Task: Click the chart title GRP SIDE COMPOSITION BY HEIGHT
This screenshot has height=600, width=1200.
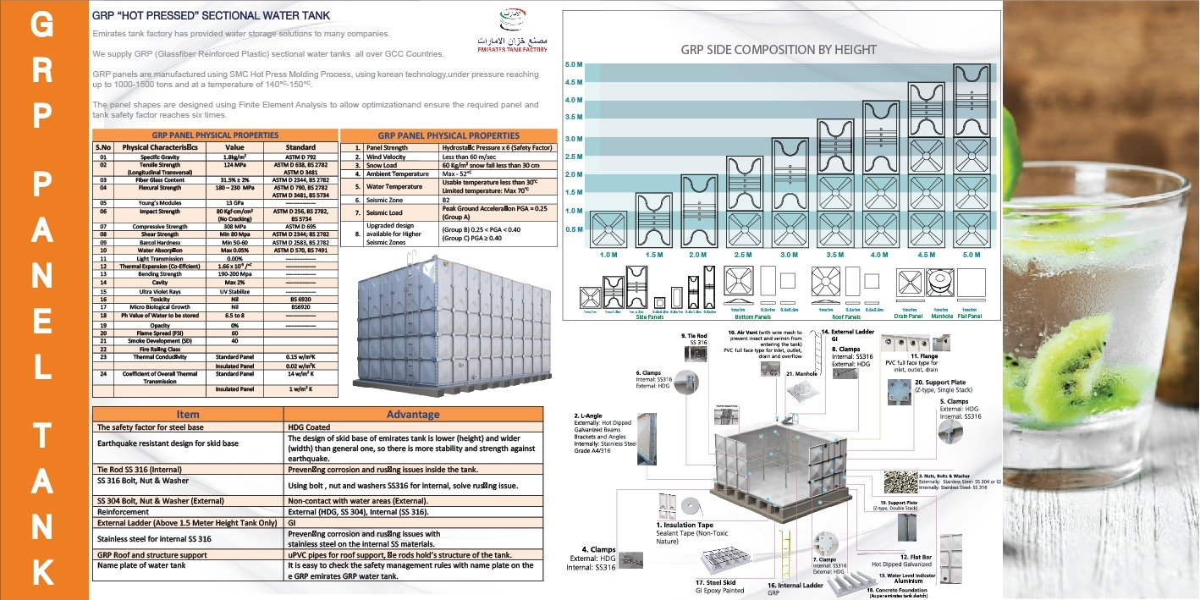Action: tap(779, 49)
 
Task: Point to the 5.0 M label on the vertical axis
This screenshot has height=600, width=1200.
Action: tap(573, 64)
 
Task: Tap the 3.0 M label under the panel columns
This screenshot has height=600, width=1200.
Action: tap(789, 255)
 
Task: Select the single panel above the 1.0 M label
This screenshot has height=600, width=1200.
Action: tap(608, 228)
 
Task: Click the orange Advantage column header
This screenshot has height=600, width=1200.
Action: tap(413, 414)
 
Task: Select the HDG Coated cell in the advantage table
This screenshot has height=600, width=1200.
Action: tap(310, 427)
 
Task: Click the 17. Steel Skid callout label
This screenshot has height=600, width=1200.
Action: tap(719, 584)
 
